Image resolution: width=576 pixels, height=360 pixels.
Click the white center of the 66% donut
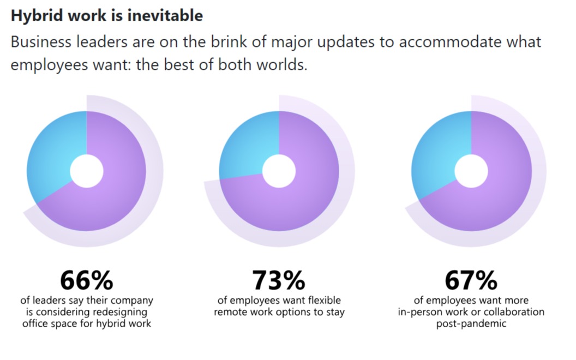pos(87,171)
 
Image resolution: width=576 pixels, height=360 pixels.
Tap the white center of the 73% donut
pos(279,171)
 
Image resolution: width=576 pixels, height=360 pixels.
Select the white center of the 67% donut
pos(471,171)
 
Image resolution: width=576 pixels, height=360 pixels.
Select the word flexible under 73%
pos(325,300)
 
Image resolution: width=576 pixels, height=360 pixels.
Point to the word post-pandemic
pos(471,323)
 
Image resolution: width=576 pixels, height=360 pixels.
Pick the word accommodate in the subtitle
pos(450,42)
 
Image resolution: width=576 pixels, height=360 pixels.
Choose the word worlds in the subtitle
pos(281,65)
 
